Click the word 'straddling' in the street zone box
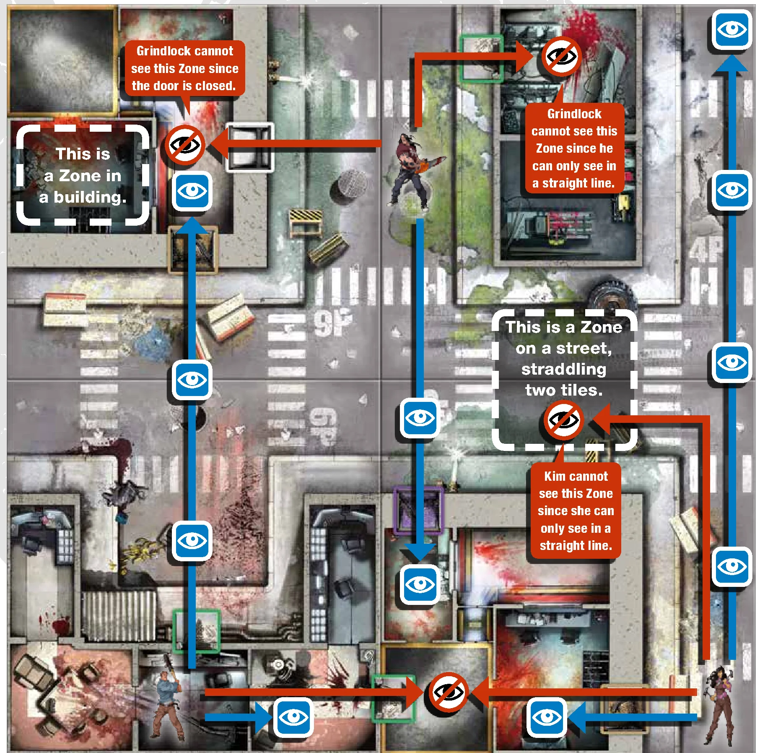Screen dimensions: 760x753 point(563,369)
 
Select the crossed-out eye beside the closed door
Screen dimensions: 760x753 point(184,145)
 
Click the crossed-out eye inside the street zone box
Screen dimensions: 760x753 point(564,419)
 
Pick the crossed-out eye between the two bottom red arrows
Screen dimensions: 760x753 point(448,692)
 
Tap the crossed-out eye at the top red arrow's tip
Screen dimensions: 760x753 point(561,57)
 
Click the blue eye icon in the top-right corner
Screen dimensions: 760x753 point(732,29)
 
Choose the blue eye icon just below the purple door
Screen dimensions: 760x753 point(420,584)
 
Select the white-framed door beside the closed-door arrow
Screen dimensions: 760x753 point(250,147)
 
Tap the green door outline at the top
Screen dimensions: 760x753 point(482,58)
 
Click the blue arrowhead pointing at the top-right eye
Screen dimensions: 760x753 point(732,63)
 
